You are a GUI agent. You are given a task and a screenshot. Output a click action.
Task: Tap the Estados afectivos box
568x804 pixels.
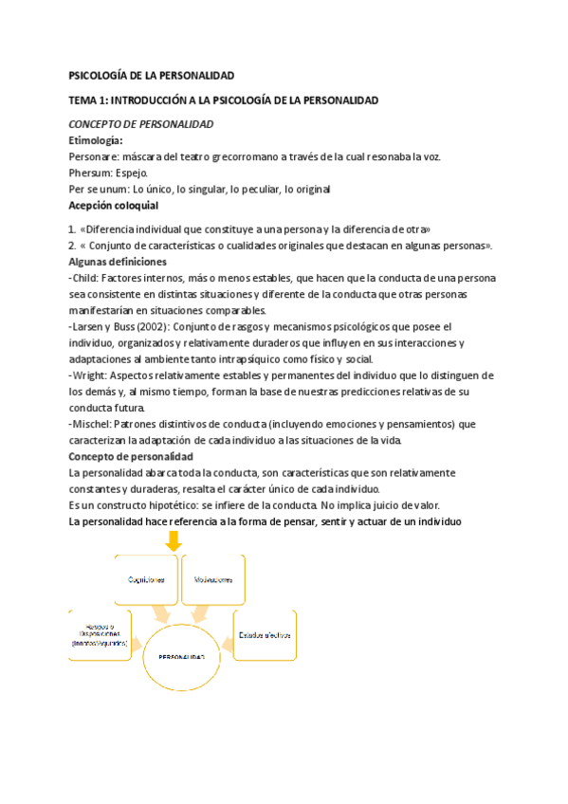click(265, 634)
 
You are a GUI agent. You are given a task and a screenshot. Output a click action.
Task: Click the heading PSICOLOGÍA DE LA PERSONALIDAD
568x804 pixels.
click(151, 75)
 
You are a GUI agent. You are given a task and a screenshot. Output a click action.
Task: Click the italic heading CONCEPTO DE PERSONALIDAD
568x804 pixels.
click(141, 124)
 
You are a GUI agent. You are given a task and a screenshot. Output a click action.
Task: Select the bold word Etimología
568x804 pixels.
click(96, 140)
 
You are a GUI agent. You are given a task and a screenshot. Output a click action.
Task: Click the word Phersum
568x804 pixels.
click(89, 173)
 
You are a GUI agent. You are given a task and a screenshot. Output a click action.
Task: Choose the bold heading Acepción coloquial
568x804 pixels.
click(114, 205)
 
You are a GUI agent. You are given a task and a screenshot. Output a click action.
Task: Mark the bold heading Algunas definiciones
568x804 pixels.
click(118, 262)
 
